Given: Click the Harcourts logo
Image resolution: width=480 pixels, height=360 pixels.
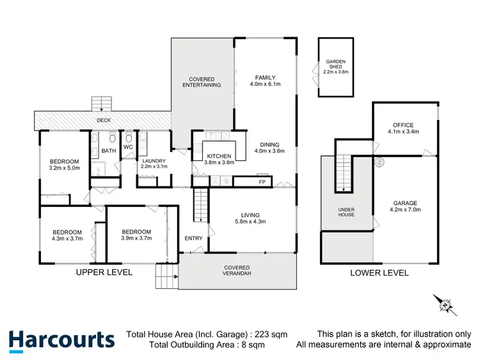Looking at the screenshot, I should click(61, 340).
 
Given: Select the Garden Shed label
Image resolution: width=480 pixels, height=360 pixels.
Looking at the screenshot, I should click(335, 67).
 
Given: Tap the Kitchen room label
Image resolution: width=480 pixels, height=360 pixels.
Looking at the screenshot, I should click(220, 156).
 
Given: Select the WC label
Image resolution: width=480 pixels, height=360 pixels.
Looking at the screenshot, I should click(127, 147).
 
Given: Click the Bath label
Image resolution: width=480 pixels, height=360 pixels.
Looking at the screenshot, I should click(109, 151).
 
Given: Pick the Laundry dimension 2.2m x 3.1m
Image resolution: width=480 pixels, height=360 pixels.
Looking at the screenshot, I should click(154, 167).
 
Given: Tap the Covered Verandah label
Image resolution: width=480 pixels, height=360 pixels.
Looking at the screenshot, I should click(236, 270).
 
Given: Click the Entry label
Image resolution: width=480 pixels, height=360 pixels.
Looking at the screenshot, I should click(193, 239).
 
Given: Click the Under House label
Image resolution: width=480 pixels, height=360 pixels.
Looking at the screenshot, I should click(346, 211).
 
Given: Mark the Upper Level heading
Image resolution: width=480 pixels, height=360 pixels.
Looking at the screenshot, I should click(104, 272).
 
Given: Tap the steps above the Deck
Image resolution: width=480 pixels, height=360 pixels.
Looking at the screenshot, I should click(102, 104).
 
